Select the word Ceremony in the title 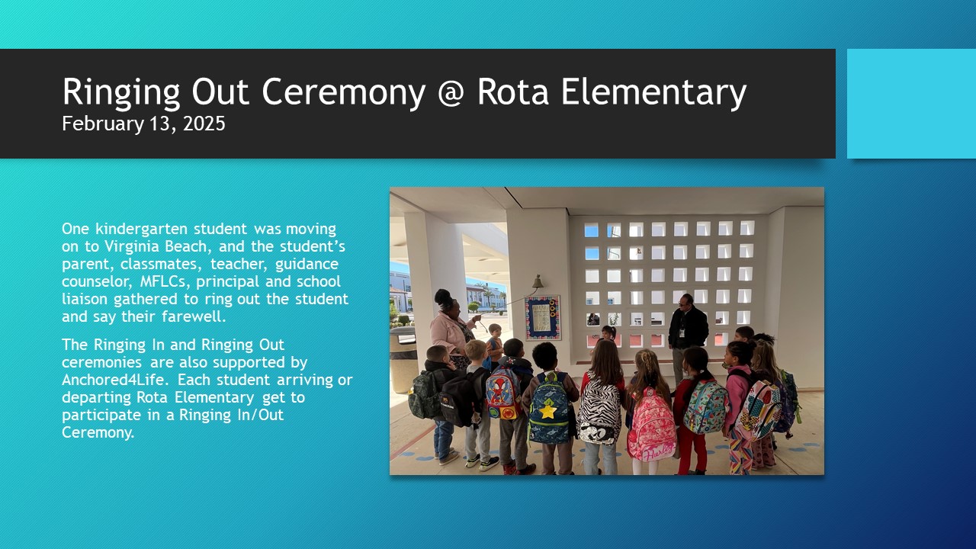[x=344, y=93]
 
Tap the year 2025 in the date [x=204, y=124]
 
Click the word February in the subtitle [x=103, y=124]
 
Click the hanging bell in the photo [x=538, y=282]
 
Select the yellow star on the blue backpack [x=547, y=410]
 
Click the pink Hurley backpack [x=651, y=425]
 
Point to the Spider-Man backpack [x=504, y=392]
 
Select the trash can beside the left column [x=403, y=359]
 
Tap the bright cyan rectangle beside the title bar [x=911, y=104]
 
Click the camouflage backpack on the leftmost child [x=425, y=394]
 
